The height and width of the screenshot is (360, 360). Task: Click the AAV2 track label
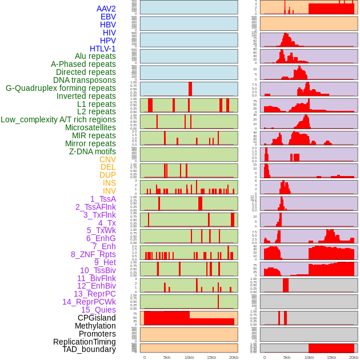pyautogui.click(x=106, y=9)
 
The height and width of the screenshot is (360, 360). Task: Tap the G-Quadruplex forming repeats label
pyautogui.click(x=61, y=88)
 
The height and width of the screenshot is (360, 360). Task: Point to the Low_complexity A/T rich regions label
pyautogui.click(x=58, y=119)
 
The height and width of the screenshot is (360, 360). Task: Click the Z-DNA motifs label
pyautogui.click(x=93, y=151)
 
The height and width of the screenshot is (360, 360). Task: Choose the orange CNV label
pyautogui.click(x=107, y=159)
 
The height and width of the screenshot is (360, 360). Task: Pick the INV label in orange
pyautogui.click(x=109, y=191)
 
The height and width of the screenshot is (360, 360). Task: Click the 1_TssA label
pyautogui.click(x=103, y=199)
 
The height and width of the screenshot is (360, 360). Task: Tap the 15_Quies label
pyautogui.click(x=98, y=310)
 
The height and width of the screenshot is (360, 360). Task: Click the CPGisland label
pyautogui.click(x=97, y=318)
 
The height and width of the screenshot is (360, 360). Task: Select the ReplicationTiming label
pyautogui.click(x=85, y=342)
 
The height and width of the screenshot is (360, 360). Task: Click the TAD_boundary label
pyautogui.click(x=89, y=349)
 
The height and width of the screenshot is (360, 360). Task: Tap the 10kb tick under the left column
pyautogui.click(x=189, y=357)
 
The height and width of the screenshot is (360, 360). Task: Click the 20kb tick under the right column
pyautogui.click(x=354, y=357)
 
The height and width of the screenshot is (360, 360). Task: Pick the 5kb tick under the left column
pyautogui.click(x=167, y=357)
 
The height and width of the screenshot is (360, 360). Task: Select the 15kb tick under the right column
pyautogui.click(x=331, y=357)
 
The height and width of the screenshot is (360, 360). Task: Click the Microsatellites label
pyautogui.click(x=90, y=127)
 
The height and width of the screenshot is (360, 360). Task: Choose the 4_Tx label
pyautogui.click(x=107, y=223)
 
